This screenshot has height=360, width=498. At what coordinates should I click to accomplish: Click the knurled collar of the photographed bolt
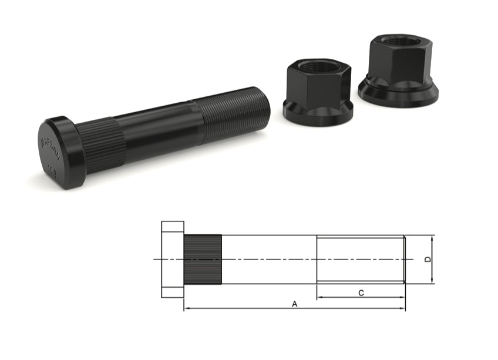pyautogui.click(x=102, y=144)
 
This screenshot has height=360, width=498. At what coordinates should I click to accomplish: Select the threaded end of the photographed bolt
pyautogui.click(x=232, y=118)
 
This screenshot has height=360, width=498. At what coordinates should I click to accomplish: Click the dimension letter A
pyautogui.click(x=295, y=304)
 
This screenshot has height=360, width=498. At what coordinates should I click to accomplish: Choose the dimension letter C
pyautogui.click(x=361, y=292)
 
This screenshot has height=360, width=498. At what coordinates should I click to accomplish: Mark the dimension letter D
pyautogui.click(x=428, y=259)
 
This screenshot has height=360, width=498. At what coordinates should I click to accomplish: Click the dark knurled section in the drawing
pyautogui.click(x=203, y=259)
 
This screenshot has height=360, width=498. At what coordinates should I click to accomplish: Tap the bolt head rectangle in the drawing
pyautogui.click(x=172, y=259)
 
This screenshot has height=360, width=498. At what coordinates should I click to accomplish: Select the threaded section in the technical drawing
pyautogui.click(x=359, y=259)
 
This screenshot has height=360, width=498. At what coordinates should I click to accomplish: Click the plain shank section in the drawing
pyautogui.click(x=268, y=259)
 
